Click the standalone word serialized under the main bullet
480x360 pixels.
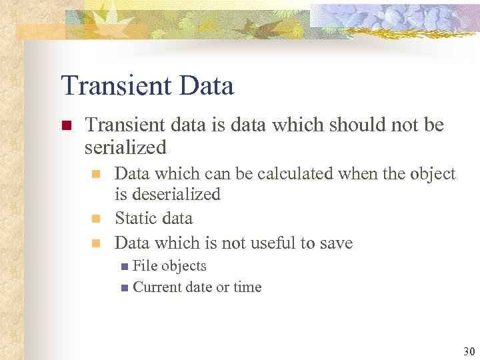pos(125,147)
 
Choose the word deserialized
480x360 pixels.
pos(177,195)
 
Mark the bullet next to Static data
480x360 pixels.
pos(95,219)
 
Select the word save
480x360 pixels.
pos(336,243)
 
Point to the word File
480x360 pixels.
pos(144,266)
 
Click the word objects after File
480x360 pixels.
pos(184,266)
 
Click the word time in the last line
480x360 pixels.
pos(247,287)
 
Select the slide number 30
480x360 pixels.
pos(467,351)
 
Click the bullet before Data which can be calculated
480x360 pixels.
pos(95,175)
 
